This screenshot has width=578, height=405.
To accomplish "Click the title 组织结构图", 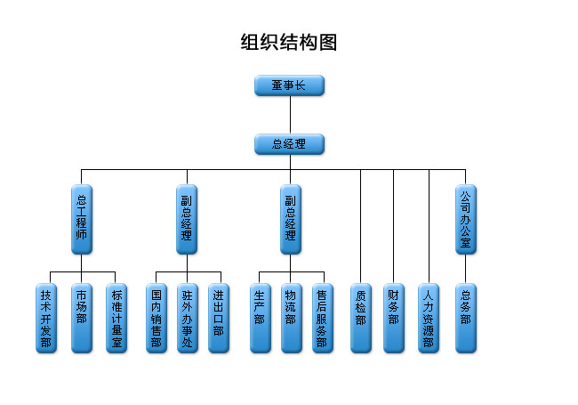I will pos(289,43).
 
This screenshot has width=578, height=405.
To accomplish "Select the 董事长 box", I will pos(289,85).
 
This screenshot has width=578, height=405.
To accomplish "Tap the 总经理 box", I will pos(289,144).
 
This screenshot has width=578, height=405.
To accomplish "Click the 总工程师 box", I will pos(82,219).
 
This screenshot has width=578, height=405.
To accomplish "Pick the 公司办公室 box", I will pos(465,219).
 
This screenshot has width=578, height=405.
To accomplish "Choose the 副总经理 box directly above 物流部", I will pos(290,219).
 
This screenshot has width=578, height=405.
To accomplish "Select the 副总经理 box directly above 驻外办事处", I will pos(187,219).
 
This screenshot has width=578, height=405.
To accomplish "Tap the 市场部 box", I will pos(82,318).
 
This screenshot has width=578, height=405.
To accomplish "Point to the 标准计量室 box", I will pos(116,318).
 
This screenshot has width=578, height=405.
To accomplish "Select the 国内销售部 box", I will pos(157,318).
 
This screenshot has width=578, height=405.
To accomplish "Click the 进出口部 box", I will pos(219,318).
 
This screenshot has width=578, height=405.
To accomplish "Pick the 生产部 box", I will pos(260,318).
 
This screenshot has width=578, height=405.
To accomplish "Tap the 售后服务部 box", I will pos(322,318).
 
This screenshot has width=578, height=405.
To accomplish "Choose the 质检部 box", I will pos(360,318).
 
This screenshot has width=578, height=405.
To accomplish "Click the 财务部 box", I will pos(394,318).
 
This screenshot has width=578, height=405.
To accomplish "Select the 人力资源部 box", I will pos(429,318).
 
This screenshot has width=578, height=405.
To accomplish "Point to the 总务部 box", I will pos(465,318).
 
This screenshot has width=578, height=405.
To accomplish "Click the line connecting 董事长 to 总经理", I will pos(289,115).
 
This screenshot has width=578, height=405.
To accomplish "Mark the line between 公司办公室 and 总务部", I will pos(465,269).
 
